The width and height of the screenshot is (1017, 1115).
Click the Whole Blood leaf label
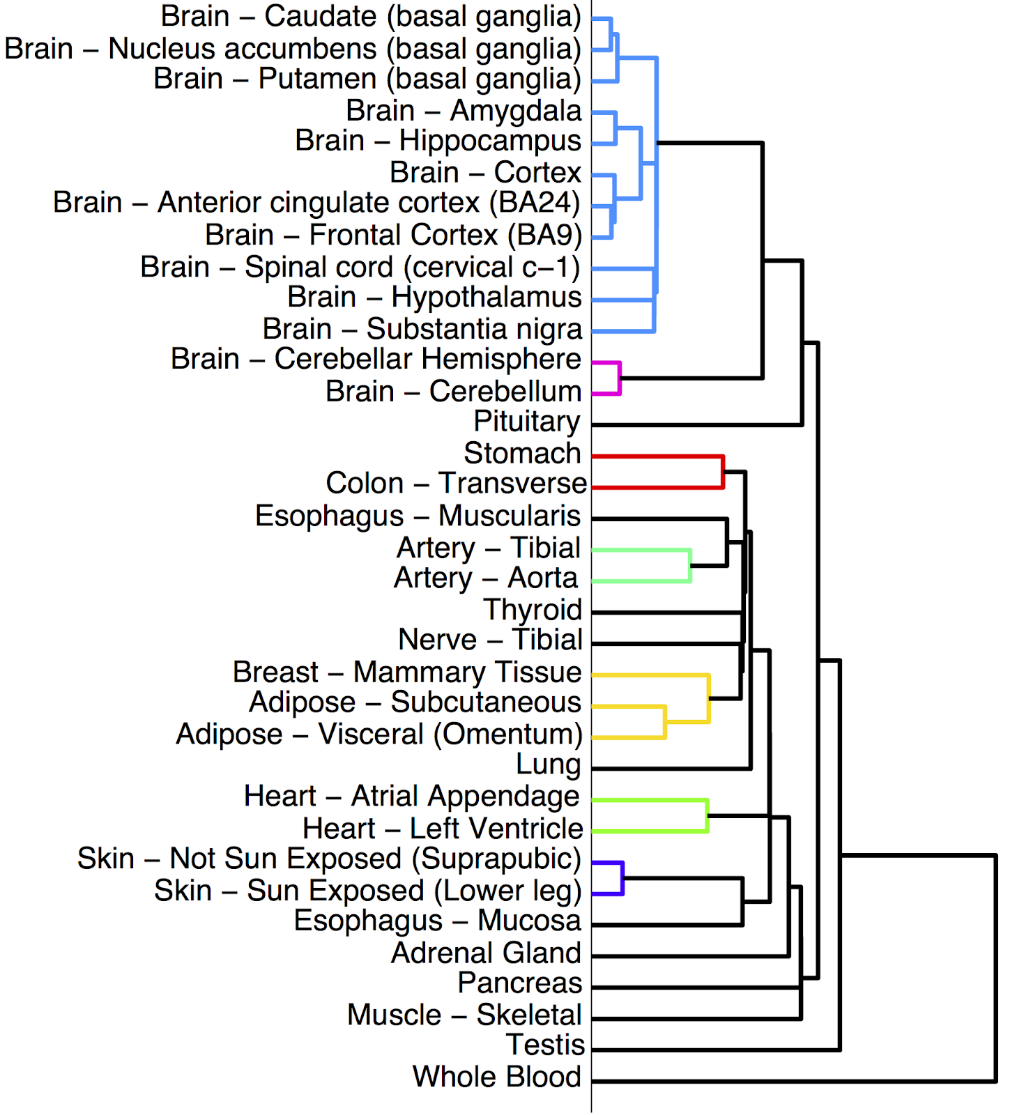496,1077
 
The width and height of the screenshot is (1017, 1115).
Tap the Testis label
545,1045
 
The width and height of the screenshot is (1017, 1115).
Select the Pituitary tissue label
527,422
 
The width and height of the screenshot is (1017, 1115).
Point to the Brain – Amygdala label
464,111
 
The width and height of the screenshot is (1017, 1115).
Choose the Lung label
548,764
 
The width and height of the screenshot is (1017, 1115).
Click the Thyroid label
533,610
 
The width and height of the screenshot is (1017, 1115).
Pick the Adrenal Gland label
486,953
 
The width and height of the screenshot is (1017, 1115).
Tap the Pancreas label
519,983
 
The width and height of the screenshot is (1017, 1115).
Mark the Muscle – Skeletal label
464,1015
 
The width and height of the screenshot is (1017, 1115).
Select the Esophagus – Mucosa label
437,921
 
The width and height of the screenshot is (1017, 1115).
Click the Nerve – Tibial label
490,640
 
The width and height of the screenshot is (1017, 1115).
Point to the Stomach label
522,454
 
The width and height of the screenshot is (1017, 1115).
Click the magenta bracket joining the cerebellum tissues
619,378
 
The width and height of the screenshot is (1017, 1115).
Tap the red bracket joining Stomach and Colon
723,472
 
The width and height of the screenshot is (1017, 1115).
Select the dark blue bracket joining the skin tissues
622,878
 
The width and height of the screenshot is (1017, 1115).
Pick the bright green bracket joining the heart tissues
707,815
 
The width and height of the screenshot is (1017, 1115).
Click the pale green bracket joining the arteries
690,565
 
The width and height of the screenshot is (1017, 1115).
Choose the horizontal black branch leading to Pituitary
697,424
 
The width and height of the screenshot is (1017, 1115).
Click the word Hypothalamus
486,298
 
